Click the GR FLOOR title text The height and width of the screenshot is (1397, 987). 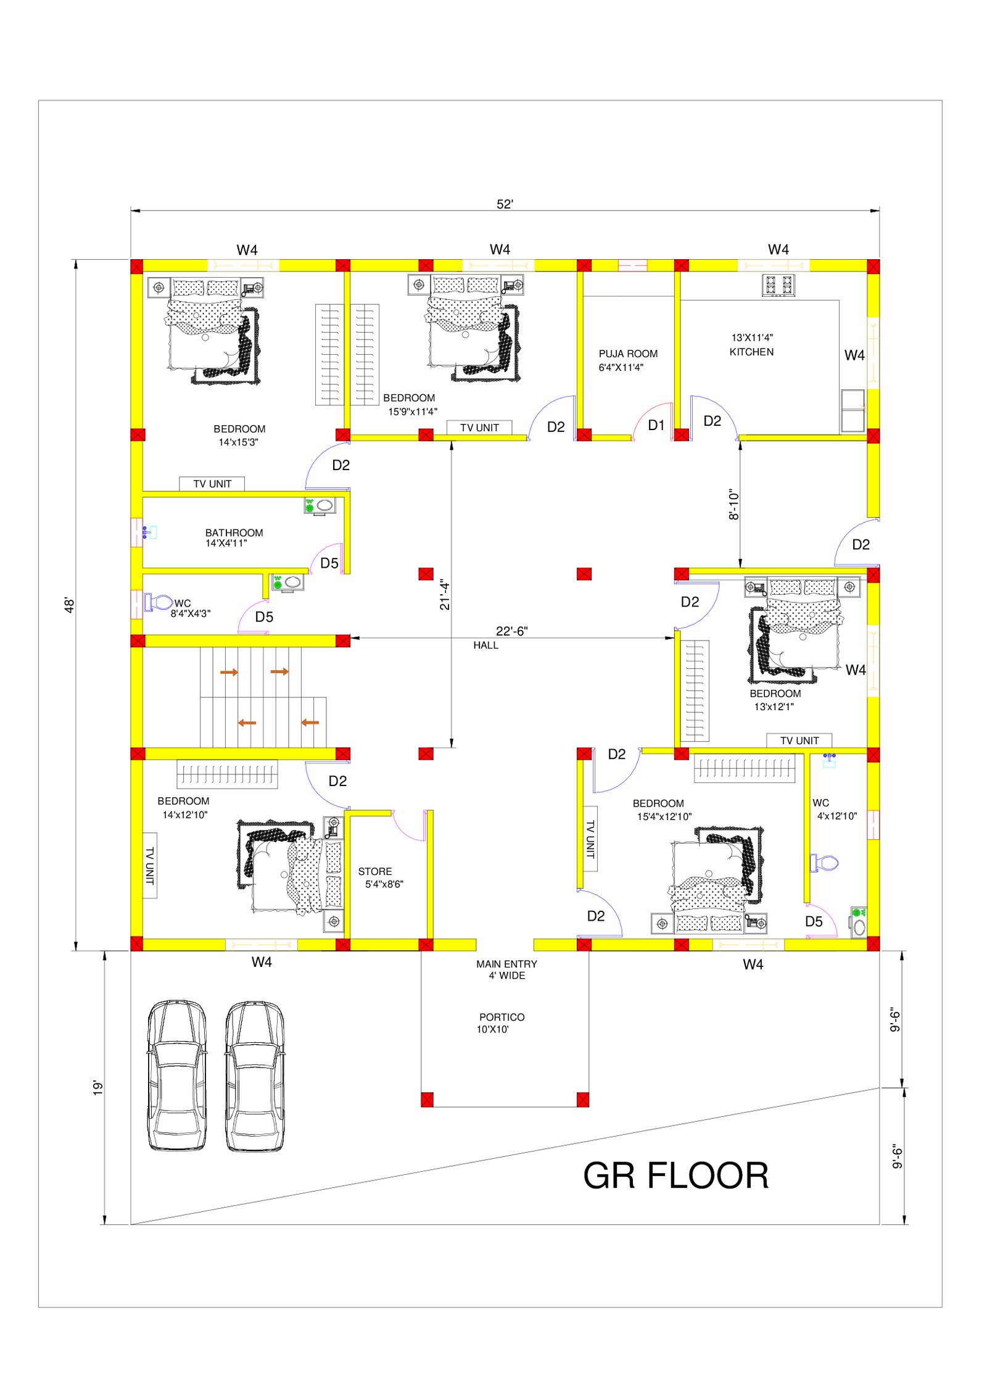click(675, 1175)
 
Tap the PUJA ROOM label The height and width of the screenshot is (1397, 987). click(628, 354)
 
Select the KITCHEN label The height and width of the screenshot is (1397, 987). click(751, 352)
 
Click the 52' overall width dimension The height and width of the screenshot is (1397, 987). click(505, 204)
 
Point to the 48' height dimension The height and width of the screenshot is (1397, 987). click(70, 605)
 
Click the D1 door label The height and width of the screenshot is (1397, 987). click(656, 425)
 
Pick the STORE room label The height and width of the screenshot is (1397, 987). click(375, 871)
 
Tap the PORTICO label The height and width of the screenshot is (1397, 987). click(502, 1017)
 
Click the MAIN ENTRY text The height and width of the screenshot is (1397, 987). click(506, 964)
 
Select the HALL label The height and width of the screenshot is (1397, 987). click(485, 645)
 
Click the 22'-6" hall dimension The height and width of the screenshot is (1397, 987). click(511, 631)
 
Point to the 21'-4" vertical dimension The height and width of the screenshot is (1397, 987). click(445, 594)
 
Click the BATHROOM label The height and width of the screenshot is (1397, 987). click(234, 533)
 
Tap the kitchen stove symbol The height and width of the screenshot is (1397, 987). click(778, 285)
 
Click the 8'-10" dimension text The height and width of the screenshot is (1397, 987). click(733, 504)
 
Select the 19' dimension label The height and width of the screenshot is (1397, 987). click(97, 1088)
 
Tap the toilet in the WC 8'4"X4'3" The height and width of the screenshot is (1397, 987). click(158, 602)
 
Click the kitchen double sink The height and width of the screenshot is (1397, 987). click(853, 410)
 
